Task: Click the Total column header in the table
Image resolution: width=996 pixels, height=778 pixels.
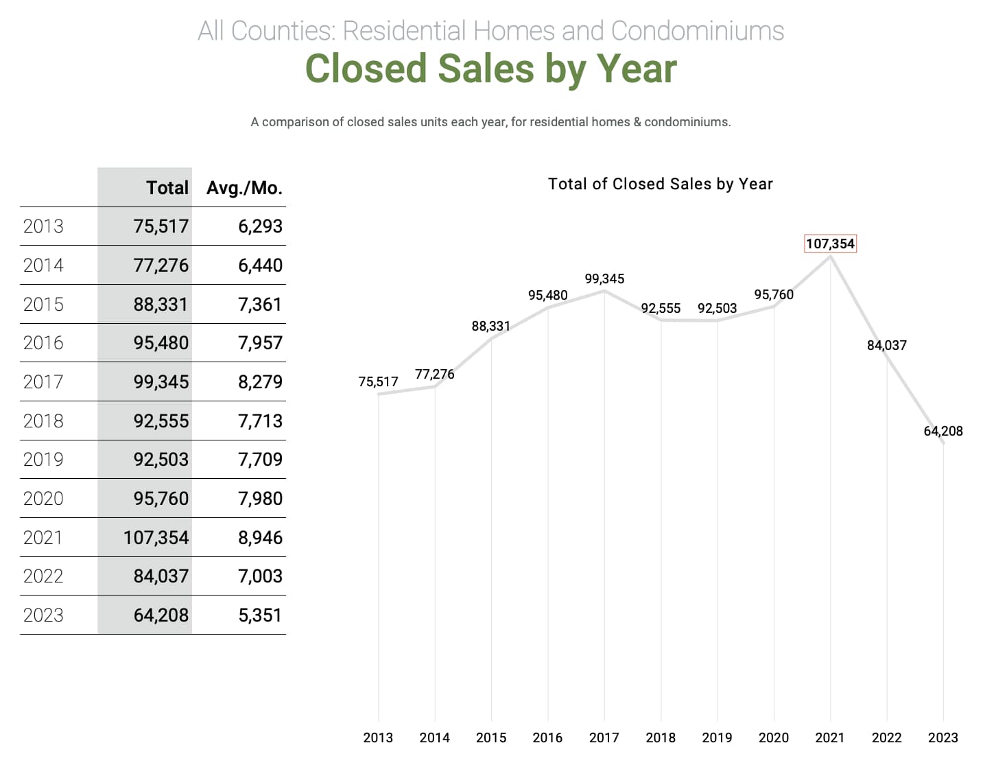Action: [167, 188]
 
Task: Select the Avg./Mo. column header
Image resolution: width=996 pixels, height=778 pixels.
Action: [244, 188]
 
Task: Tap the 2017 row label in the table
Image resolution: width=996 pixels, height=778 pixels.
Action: [43, 382]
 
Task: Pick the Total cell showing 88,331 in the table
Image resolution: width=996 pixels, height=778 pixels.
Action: [161, 305]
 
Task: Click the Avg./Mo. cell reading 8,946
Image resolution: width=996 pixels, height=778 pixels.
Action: [260, 538]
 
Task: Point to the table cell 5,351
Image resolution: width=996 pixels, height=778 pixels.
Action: [260, 615]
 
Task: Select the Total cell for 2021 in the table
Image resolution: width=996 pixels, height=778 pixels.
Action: [156, 538]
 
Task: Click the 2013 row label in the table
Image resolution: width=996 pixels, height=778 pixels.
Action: [43, 226]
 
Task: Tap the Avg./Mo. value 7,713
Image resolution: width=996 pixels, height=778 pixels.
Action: [260, 421]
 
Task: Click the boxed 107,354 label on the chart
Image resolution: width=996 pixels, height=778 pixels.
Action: [830, 244]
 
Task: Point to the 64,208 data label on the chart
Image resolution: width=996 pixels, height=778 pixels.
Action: [943, 431]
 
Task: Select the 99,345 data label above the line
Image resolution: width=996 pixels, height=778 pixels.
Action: [604, 279]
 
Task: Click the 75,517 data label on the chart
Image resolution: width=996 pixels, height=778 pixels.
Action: [378, 381]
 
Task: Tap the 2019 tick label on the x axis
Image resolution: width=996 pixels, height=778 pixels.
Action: [717, 738]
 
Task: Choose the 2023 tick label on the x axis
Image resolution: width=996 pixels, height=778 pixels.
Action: [942, 738]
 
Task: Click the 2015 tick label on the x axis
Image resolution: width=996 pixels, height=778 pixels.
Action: [491, 738]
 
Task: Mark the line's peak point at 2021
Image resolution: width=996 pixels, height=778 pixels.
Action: [831, 257]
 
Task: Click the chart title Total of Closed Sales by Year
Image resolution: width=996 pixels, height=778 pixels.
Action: [660, 184]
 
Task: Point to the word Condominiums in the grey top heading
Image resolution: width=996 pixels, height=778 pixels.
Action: [697, 31]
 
